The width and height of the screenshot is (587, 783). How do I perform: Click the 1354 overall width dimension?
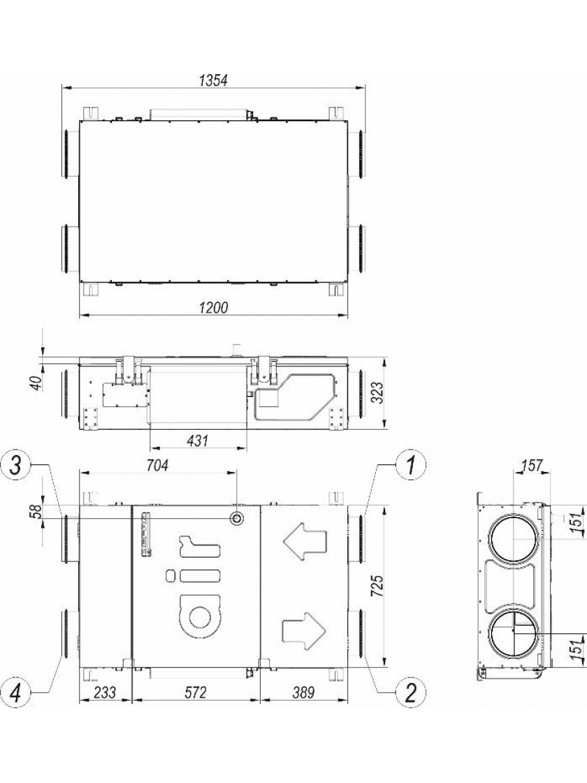213,80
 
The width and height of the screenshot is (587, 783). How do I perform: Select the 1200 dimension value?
213,308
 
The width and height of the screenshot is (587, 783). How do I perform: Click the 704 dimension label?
157,465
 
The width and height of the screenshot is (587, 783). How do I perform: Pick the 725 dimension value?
378,587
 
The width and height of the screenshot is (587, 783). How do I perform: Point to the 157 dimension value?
532,466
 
